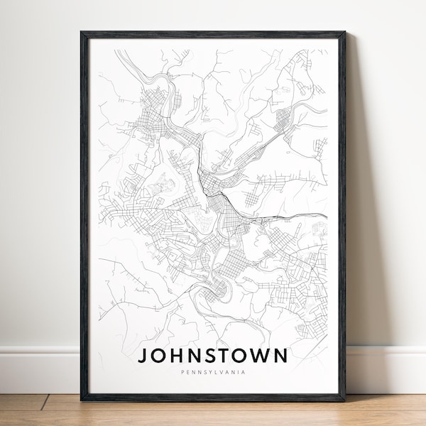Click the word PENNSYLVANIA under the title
(212, 371)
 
